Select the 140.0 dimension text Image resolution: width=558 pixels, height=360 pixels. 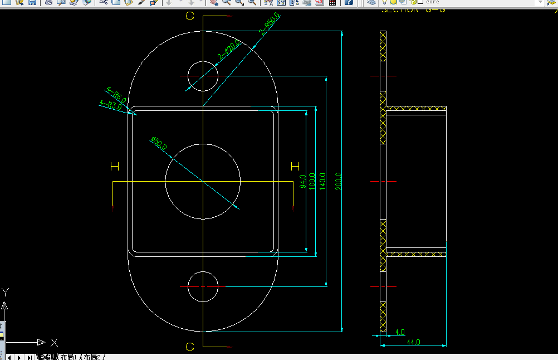coord(322,182)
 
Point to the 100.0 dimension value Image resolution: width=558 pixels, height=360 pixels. coord(312,182)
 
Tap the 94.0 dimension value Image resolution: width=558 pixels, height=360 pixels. coord(302,182)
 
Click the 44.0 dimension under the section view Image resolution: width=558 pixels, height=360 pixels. coord(413,342)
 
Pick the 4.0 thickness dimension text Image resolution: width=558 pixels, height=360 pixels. coord(399,333)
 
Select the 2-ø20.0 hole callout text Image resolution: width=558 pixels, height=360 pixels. coord(229,50)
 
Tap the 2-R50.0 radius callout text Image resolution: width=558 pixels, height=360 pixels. coord(270,24)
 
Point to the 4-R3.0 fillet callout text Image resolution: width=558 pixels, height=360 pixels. coord(110,104)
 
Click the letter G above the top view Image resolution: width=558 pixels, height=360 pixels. coord(190,16)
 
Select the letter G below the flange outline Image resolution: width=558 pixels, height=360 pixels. coord(190,347)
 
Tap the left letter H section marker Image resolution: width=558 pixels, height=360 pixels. coord(115,166)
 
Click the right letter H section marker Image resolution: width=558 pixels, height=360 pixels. coord(295,166)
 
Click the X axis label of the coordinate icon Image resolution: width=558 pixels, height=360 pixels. coord(54,342)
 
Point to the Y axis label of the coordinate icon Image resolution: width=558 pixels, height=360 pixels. coord(5,292)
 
